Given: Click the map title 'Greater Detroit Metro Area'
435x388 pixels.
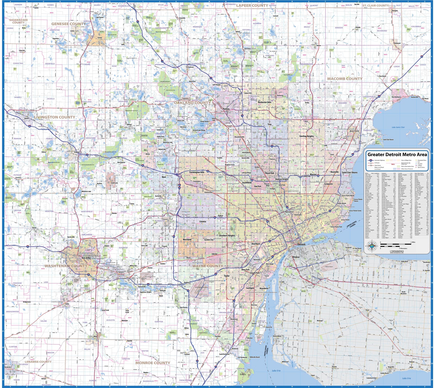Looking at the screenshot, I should tap(397, 155).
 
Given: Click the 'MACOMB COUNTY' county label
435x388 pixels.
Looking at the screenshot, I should tap(344, 79).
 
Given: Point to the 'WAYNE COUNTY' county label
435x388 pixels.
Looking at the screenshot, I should tap(207, 266).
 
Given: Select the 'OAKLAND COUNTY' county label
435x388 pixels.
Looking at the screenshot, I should tap(192, 103).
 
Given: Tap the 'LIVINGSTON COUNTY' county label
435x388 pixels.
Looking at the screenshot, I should tap(54, 117).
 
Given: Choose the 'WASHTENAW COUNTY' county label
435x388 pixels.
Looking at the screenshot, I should tap(66, 266).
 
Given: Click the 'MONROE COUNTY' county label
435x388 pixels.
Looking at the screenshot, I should tap(153, 363).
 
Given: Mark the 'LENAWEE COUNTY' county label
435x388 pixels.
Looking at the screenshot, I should tap(38, 362).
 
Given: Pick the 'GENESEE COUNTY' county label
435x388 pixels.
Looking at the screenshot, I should tap(69, 24).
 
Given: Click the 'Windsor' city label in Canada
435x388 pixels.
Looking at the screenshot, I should tap(296, 257).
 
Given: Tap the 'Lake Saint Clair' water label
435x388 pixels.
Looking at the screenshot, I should tap(398, 127).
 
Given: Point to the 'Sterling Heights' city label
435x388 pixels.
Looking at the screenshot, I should tap(306, 136).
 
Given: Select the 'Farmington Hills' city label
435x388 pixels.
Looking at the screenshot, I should tap(197, 172).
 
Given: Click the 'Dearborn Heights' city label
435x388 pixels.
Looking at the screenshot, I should tap(227, 235).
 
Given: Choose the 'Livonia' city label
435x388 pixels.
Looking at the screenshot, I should tap(203, 221).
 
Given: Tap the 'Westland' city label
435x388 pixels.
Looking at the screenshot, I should tap(187, 239).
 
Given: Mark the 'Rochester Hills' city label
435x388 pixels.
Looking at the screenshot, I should tap(265, 102).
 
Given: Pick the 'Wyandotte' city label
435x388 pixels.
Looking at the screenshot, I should tap(264, 288).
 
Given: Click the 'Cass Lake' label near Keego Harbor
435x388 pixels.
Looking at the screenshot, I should tap(202, 124).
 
